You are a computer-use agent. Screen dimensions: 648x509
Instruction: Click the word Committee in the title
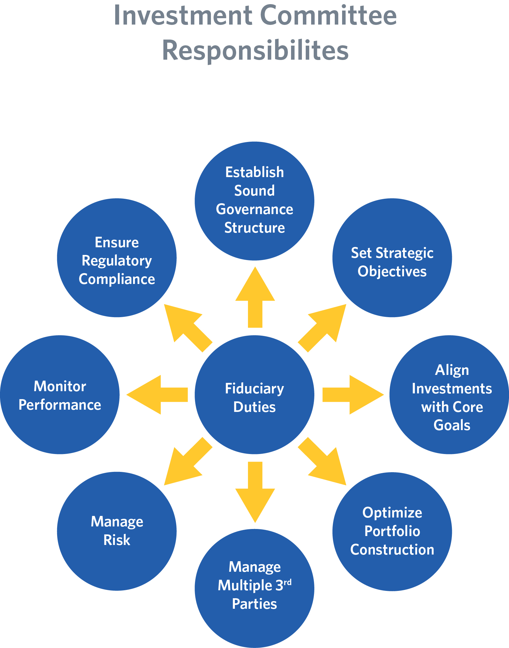click(x=328, y=16)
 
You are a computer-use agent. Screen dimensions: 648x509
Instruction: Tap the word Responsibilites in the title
click(x=255, y=50)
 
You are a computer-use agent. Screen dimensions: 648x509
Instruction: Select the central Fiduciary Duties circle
click(x=254, y=395)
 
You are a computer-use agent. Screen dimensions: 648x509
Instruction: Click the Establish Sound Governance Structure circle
click(x=254, y=201)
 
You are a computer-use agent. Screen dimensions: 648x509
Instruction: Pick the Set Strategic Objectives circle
click(x=392, y=258)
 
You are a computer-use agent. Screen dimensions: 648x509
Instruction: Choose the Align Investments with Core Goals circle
click(x=449, y=395)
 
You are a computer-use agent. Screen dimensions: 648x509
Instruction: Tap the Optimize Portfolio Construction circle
click(x=392, y=532)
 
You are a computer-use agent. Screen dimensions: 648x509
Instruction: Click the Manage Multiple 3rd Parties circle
click(x=254, y=588)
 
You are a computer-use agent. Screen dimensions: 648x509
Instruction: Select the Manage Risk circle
click(x=117, y=532)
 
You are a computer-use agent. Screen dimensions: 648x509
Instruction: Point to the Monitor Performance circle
click(x=60, y=395)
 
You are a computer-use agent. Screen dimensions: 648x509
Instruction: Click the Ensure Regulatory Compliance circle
click(x=117, y=258)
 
